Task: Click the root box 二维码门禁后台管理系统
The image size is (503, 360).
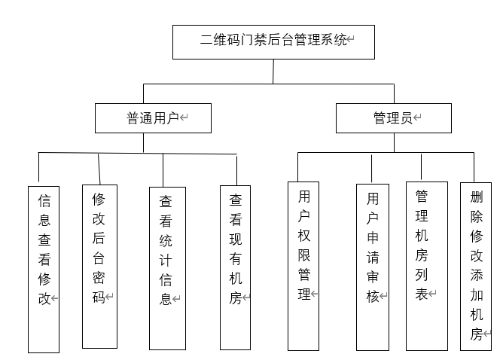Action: point(273,41)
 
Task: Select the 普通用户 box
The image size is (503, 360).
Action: point(153,118)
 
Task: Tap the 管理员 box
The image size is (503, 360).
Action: point(393,118)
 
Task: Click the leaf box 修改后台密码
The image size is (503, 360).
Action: point(99,266)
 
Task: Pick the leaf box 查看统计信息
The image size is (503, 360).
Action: point(167,268)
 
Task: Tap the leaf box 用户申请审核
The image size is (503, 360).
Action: point(372,266)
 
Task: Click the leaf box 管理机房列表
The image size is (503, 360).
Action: point(421,265)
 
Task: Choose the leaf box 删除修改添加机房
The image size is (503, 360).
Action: point(475,265)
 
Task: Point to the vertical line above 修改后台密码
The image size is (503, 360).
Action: point(99,169)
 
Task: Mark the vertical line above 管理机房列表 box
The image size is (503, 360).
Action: point(421,166)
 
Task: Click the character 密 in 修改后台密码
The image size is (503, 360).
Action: point(99,276)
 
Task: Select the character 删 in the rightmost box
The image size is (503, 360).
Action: point(476,197)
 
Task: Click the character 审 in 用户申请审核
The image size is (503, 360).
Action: point(373,276)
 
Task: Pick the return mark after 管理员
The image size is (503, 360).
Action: point(417,118)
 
